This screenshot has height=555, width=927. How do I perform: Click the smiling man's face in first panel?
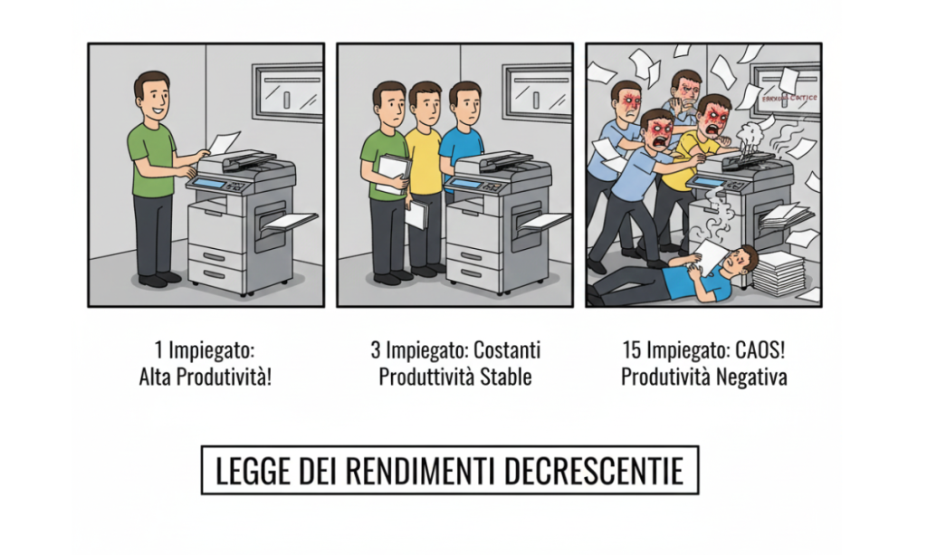click(x=151, y=93)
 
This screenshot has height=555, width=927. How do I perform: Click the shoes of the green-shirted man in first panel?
click(x=158, y=278)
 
